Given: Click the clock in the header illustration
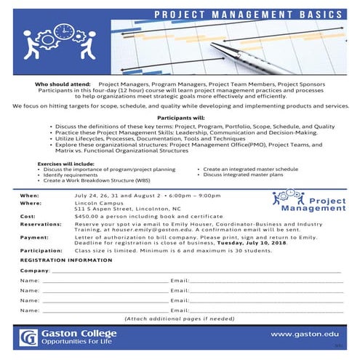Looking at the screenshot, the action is click(63, 33).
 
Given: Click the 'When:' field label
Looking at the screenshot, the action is click(29, 196).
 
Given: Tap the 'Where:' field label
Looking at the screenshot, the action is click(31, 204).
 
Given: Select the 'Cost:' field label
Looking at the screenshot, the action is click(28, 217).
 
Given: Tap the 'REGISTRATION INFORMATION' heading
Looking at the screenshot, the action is click(66, 260).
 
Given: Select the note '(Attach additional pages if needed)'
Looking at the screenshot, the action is click(180, 319).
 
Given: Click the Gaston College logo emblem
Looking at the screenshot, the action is click(29, 337).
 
